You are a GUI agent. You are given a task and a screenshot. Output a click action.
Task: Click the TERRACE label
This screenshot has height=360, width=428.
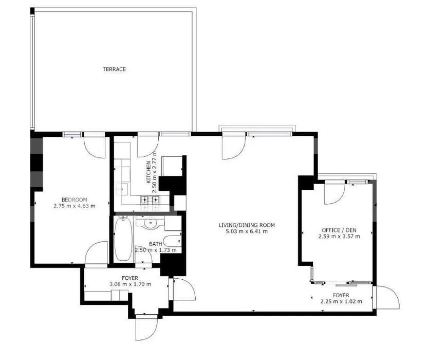(114, 69)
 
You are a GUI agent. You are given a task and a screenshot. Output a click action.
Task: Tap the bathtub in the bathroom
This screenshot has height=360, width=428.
(123, 239)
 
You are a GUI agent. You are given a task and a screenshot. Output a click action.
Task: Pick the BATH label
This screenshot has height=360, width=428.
(156, 244)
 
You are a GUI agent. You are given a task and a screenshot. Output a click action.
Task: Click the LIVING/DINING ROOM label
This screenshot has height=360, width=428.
(247, 225)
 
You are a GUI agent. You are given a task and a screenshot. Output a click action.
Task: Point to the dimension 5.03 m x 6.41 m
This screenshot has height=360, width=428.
(247, 231)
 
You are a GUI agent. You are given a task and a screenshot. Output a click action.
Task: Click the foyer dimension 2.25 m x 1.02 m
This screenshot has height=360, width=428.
(341, 301)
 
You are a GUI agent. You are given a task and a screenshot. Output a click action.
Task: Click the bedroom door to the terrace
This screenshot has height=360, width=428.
(95, 146)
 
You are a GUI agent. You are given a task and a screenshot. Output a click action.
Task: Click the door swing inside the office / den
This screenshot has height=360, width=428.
(334, 193)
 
